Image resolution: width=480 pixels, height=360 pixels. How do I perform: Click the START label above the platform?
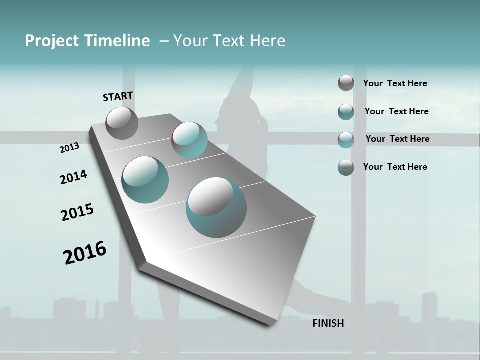pos(118,96)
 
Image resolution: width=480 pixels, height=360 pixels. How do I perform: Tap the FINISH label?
pos(328,323)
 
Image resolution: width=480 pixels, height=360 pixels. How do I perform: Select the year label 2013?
pos(69,148)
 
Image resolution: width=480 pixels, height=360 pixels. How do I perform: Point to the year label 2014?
pos(73,177)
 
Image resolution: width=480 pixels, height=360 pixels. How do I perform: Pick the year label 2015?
pos(77,212)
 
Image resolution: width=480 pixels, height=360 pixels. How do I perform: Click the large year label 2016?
pos(85,253)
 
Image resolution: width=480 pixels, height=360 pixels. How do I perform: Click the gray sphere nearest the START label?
pos(122,123)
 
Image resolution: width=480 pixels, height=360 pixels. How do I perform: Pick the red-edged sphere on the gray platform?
pos(189,140)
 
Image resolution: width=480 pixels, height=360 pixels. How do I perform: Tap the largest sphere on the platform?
pos(216,207)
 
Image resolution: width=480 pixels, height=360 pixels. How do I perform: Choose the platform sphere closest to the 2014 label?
pos(145,180)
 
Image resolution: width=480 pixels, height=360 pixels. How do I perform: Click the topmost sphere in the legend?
pos(346,83)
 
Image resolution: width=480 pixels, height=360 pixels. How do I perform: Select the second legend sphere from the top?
pos(346,112)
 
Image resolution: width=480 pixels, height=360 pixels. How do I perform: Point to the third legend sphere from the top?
pos(346,140)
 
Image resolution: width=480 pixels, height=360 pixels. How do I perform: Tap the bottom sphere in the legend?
pos(346,167)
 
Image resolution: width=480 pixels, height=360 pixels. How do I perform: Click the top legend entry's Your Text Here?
pos(395,83)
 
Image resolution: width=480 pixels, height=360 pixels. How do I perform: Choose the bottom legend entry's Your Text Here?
pos(395,167)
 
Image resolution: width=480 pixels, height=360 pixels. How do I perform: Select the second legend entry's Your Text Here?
pos(396,111)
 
